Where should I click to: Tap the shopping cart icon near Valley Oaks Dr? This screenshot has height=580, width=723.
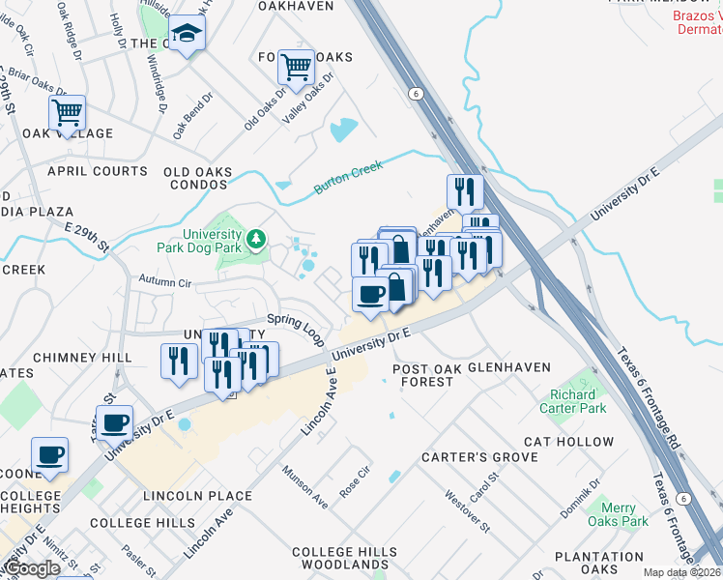tap(295, 68)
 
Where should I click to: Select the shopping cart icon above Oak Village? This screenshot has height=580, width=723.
tap(67, 112)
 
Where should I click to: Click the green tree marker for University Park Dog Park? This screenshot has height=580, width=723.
tap(256, 237)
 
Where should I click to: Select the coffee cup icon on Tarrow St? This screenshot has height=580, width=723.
tap(115, 421)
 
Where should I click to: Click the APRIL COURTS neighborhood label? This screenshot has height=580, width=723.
tap(98, 171)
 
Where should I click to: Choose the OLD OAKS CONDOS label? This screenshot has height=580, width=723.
tap(198, 179)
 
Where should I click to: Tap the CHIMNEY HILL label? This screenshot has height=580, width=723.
tap(82, 358)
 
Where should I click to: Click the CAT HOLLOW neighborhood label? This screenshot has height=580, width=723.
tap(569, 442)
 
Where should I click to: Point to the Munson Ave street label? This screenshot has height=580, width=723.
tap(305, 487)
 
